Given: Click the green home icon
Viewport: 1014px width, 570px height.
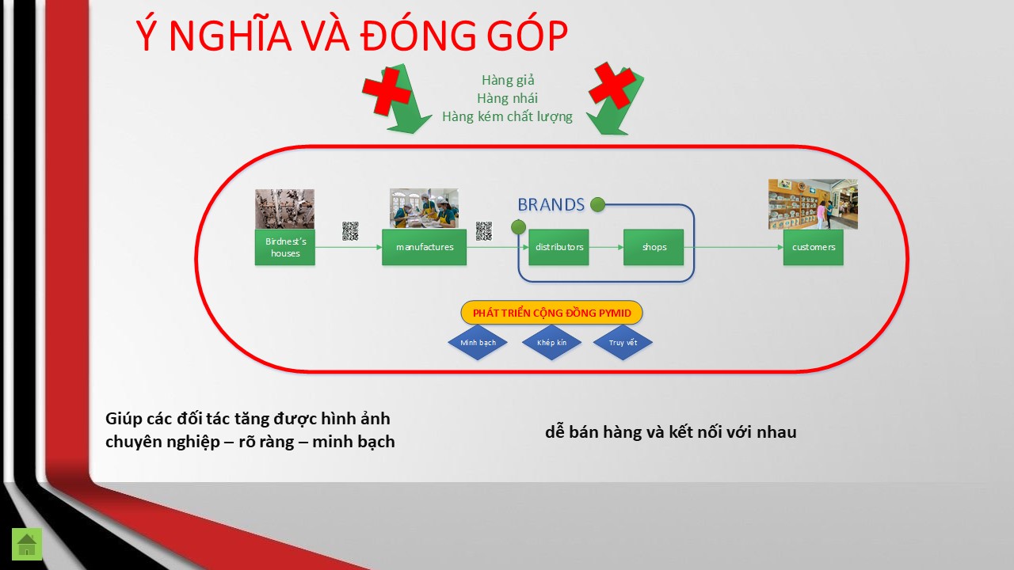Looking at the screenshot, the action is point(27,544).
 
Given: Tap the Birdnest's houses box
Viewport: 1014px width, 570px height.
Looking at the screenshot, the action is point(284,247).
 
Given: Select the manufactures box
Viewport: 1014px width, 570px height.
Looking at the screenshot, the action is point(424,247).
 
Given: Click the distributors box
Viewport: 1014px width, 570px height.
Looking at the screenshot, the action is point(558,247).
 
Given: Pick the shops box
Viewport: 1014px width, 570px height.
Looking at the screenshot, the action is point(654,247).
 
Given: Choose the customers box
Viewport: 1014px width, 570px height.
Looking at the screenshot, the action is point(814,247).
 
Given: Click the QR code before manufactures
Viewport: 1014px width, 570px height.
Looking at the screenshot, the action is point(350,231).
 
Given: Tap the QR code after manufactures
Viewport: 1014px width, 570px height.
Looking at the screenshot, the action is point(484,231).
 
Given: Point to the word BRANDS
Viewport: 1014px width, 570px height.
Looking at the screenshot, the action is point(551,205).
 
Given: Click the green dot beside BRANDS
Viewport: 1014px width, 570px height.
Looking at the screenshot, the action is point(597,204).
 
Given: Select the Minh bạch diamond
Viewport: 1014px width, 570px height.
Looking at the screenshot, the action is point(478,343).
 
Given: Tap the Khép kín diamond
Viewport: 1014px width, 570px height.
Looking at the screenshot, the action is point(551,343).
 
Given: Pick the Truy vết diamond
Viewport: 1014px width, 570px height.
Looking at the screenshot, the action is point(623,343).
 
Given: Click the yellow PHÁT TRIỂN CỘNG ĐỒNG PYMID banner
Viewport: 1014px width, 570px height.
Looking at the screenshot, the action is point(551,313).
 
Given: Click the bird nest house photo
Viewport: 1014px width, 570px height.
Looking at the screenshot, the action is point(284,209).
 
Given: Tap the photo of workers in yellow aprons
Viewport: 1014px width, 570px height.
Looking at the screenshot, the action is point(424,208).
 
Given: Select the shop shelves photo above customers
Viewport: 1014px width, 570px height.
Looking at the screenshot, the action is point(813,204).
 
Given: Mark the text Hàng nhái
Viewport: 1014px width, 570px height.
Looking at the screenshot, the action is point(507,98).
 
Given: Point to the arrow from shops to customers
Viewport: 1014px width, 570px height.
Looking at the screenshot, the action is point(734,247).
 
